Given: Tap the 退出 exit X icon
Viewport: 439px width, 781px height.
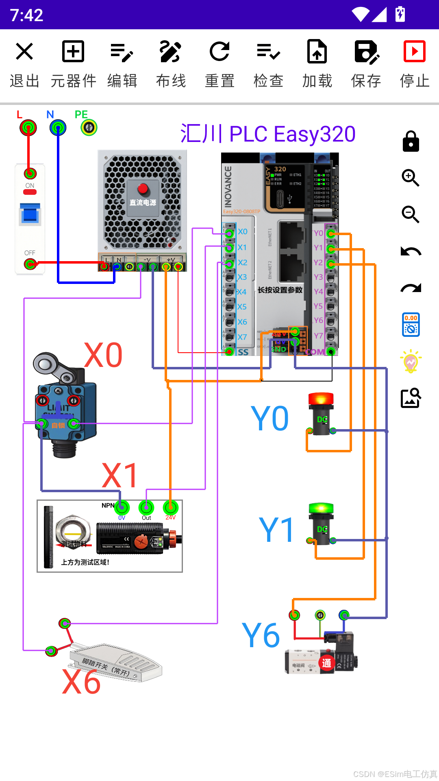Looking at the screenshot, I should coord(24,52).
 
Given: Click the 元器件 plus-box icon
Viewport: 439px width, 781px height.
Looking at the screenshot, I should coord(73,52).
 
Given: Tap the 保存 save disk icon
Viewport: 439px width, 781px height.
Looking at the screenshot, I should coord(366,52).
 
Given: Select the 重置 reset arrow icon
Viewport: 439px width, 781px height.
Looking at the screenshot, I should coord(219,52).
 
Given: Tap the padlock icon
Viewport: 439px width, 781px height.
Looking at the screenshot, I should coord(411,142).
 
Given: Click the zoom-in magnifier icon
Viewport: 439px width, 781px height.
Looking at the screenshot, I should coord(411,178).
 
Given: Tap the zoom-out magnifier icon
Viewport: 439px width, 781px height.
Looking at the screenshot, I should coord(411,214).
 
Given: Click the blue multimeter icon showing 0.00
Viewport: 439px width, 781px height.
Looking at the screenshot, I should coord(411,325).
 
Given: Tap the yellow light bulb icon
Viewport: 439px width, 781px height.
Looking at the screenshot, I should coord(411,361).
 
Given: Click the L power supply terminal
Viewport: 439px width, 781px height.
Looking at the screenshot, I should coord(28,128).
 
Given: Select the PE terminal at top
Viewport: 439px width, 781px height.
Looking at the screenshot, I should coord(89,128).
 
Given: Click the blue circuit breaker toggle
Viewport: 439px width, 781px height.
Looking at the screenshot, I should coord(30,214).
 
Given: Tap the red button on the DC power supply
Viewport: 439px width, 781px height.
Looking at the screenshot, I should coord(143,188).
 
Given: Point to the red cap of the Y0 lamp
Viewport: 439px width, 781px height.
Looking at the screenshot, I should coord(321,398).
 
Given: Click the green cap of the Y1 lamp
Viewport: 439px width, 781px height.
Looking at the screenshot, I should coord(321,508).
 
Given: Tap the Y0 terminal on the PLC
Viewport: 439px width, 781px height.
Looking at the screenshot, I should coord(331,233).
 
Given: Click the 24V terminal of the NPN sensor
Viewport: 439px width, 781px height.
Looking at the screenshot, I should coord(170,507).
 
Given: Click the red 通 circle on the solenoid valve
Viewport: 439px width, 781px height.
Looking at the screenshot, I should coord(326,663).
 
